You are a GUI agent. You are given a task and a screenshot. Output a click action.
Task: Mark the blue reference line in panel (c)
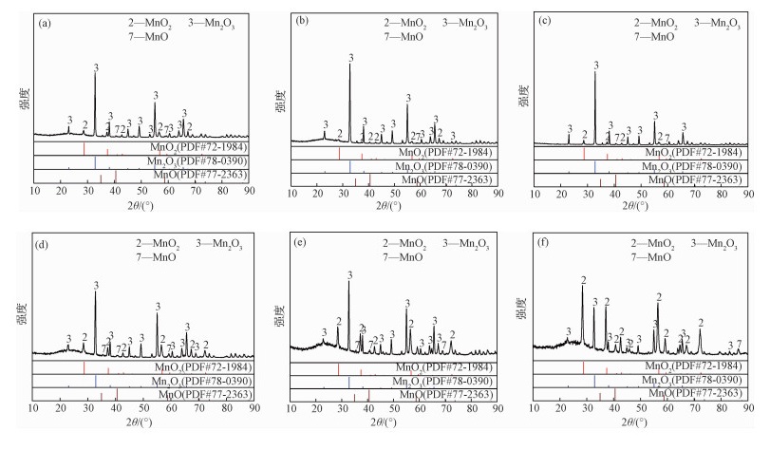tap(595, 164)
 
